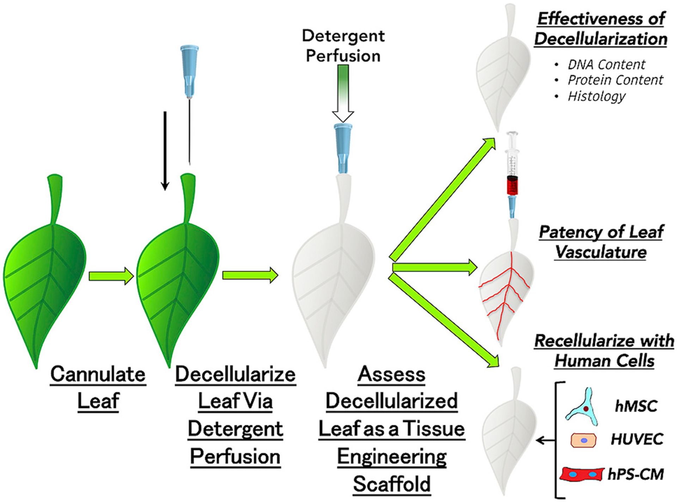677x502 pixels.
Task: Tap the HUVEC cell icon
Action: [x=584, y=440]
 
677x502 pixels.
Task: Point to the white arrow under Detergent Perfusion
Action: [x=343, y=94]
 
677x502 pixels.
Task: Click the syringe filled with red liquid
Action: [x=512, y=175]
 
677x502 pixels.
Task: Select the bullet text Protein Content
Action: [x=615, y=80]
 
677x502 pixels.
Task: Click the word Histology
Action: [x=596, y=96]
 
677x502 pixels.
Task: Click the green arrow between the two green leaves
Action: [x=111, y=276]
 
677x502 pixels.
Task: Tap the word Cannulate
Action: [x=98, y=374]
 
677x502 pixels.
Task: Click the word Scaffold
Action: [x=392, y=484]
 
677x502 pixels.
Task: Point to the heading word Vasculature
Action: [x=601, y=252]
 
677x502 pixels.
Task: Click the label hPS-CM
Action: [x=636, y=474]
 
